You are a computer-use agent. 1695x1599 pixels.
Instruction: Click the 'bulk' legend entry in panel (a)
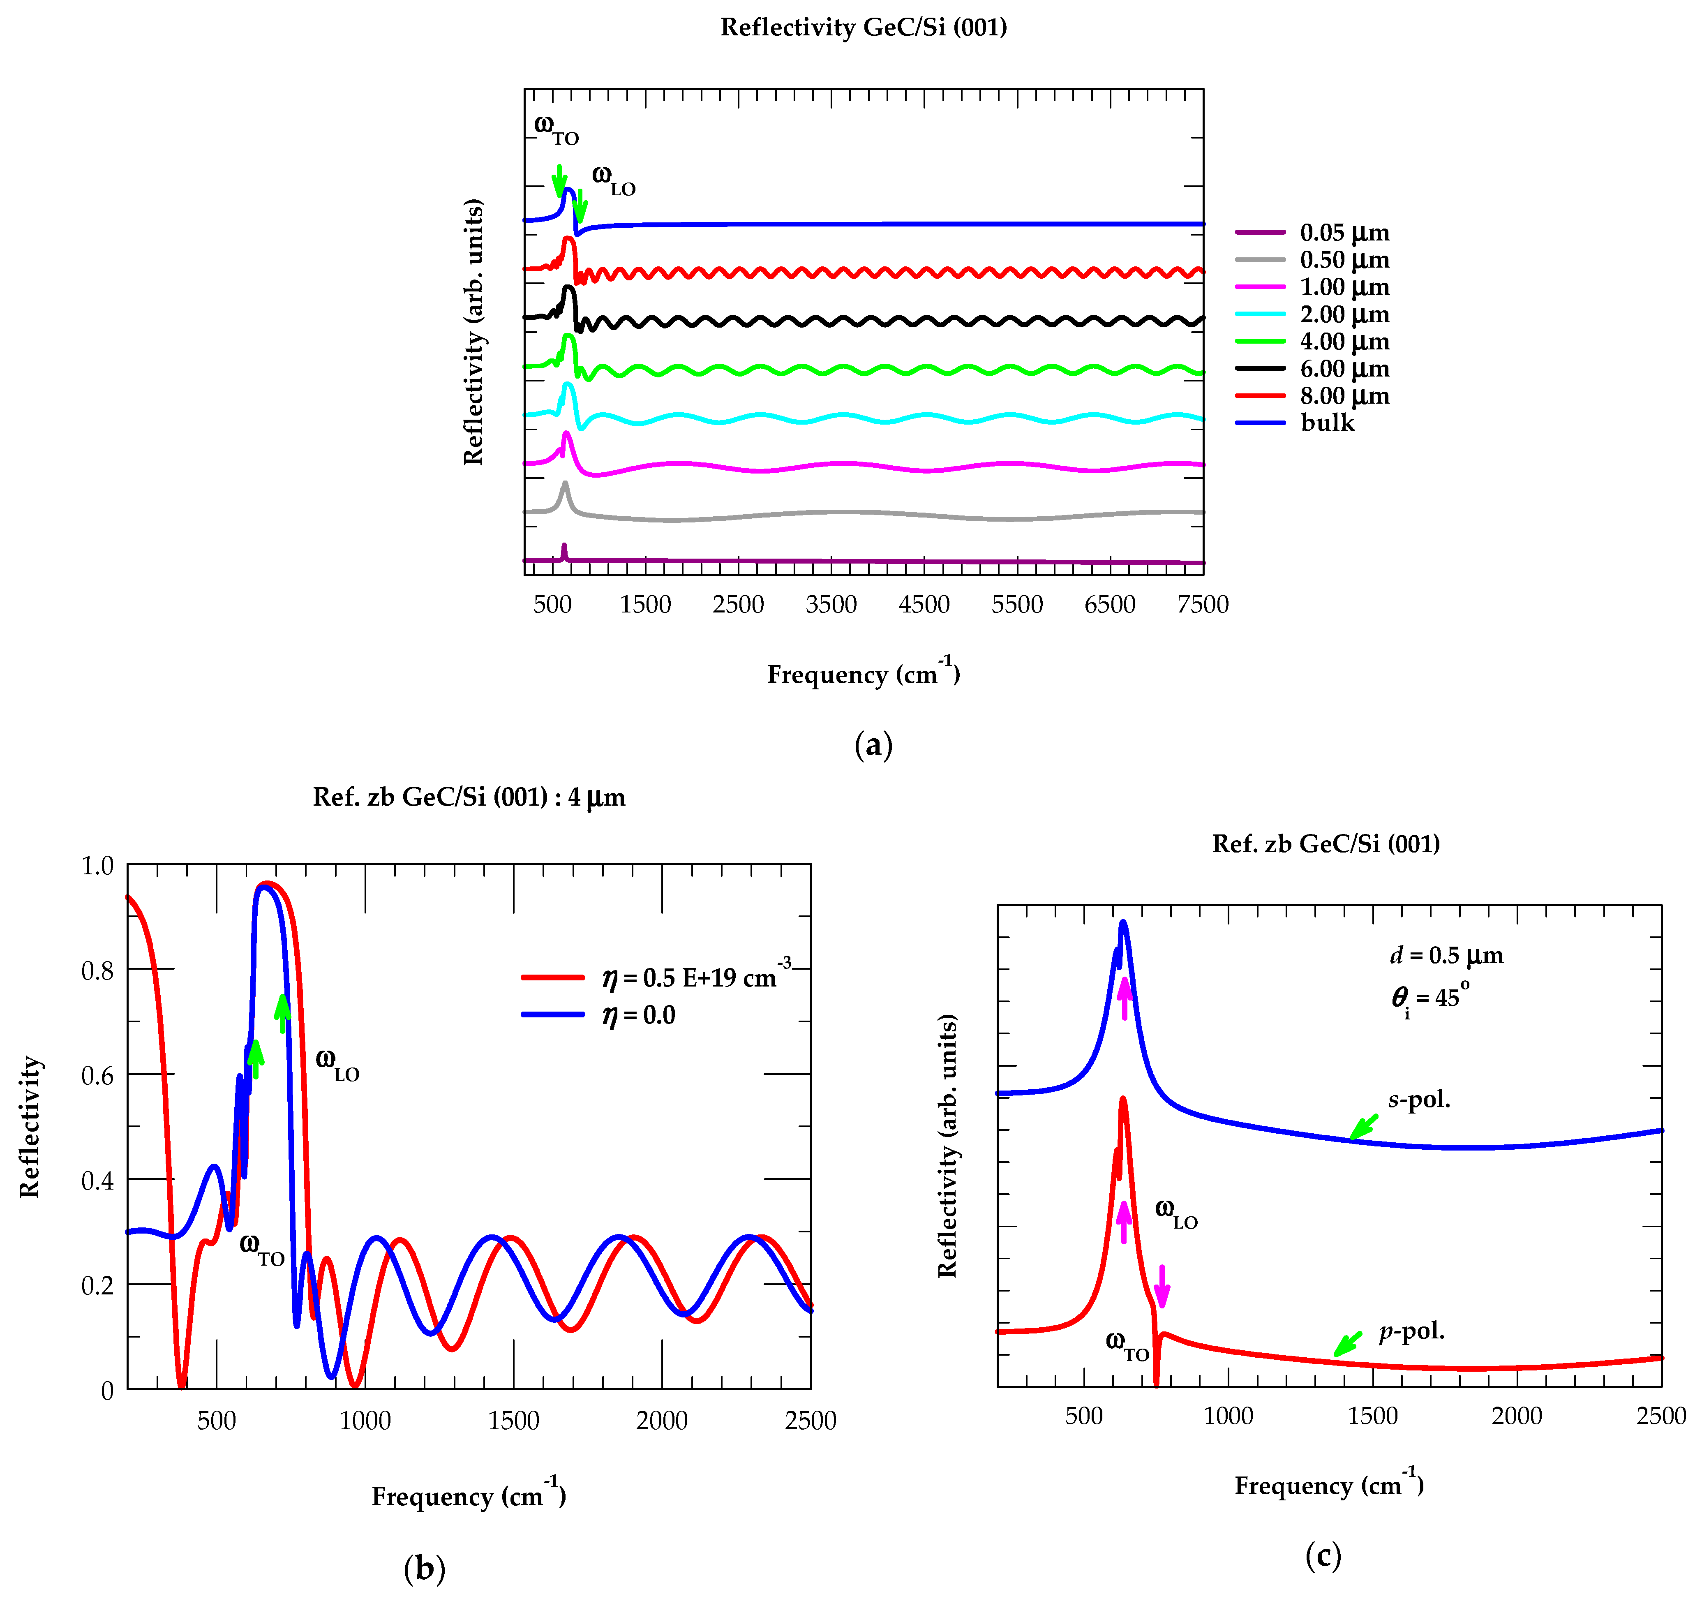[1327, 423]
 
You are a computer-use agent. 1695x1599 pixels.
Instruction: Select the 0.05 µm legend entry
[1344, 233]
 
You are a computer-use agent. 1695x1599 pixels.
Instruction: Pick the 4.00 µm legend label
[1344, 342]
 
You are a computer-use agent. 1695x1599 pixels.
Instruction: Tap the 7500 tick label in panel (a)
[1202, 605]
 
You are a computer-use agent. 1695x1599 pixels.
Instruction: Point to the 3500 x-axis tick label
[831, 605]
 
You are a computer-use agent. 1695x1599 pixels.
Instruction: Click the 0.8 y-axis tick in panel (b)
[97, 970]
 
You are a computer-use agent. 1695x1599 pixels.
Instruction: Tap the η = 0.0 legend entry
[638, 1015]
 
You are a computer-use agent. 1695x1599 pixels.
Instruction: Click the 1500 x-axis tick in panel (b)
[513, 1421]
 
